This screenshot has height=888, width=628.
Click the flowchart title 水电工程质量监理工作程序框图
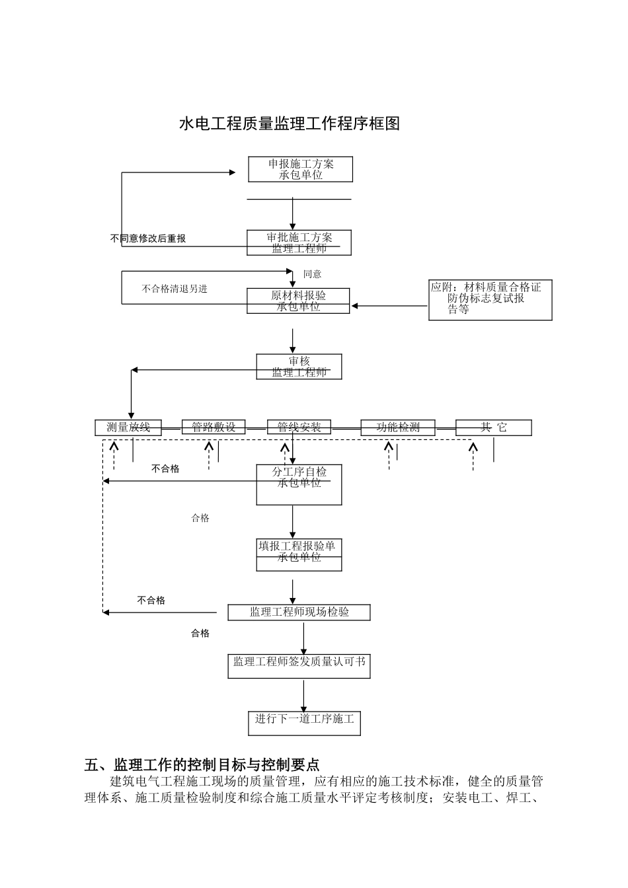coord(290,124)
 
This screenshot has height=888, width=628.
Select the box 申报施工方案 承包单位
coord(300,169)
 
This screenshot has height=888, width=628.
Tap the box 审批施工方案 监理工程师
coord(299,242)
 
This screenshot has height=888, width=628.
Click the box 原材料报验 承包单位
coord(299,301)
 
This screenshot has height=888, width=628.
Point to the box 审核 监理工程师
coord(299,367)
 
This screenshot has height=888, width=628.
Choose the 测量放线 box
coord(128,427)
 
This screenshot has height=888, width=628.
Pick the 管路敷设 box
coord(214,427)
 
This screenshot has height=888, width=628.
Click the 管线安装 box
coord(299,427)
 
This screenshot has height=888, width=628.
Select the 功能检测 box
coord(398,427)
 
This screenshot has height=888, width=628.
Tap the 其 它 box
coord(494,427)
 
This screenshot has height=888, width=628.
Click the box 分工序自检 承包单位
coord(299,484)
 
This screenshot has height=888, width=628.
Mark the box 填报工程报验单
coord(299,554)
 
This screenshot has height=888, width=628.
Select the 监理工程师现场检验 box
coord(299,612)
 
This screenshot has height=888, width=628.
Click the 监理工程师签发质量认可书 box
coord(299,666)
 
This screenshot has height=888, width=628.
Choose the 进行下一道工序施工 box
coord(305,723)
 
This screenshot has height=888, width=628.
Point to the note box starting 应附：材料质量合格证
coord(490,300)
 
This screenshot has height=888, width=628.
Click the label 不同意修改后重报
coord(148,239)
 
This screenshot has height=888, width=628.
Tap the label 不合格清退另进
coord(175,289)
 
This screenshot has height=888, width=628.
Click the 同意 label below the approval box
coord(312,274)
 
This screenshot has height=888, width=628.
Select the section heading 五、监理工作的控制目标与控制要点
coord(202,765)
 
